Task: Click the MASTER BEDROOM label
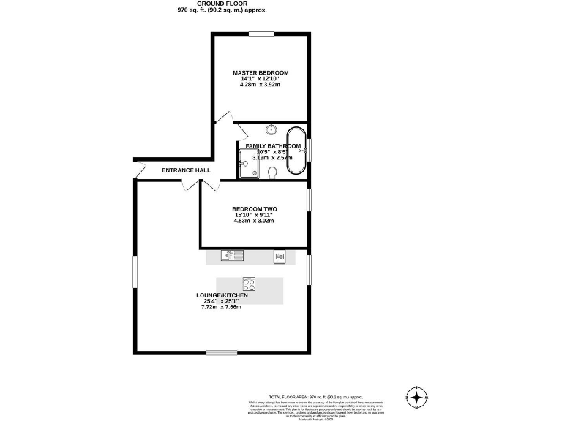click(x=261, y=72)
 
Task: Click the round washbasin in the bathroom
click(x=271, y=130)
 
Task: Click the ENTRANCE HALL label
click(x=186, y=170)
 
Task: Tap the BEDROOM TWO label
click(x=254, y=208)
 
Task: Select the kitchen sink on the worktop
click(x=233, y=256)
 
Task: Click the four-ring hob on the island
click(x=249, y=284)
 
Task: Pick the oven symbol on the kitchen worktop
click(x=279, y=256)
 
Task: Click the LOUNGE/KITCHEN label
click(x=222, y=295)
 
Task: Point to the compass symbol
click(x=416, y=398)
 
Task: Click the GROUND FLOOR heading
click(x=222, y=4)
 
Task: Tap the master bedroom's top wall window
click(x=261, y=34)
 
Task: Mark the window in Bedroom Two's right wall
click(x=309, y=199)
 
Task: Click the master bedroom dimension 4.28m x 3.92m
click(x=261, y=85)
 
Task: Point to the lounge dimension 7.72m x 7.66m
click(x=221, y=307)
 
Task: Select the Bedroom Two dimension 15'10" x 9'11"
click(x=254, y=215)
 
